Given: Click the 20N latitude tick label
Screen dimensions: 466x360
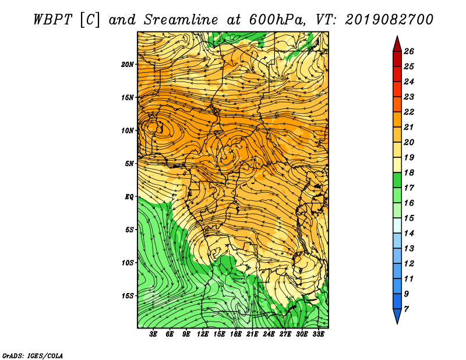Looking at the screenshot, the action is tap(128, 65).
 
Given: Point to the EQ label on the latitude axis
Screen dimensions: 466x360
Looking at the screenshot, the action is tap(129, 197).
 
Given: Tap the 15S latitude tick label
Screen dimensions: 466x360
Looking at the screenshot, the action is tap(128, 296).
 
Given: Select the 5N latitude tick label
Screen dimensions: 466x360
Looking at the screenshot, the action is tap(129, 164).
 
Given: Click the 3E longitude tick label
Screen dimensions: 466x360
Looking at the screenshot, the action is tap(153, 334).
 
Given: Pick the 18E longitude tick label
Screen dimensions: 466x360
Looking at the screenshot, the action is tap(236, 334).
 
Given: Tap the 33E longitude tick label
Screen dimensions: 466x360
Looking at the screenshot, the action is tap(318, 334).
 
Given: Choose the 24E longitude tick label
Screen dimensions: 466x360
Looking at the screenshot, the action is tap(269, 334).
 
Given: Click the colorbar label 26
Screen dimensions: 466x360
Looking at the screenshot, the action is tap(409, 51).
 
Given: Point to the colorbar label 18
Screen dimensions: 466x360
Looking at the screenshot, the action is tap(409, 172).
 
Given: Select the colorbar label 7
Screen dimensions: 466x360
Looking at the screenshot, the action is tap(407, 309).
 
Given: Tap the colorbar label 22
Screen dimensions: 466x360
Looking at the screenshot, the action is tap(409, 112).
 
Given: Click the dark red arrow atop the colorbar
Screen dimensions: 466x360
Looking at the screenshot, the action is tap(397, 45).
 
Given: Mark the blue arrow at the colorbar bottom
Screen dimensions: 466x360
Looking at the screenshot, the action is tap(397, 315).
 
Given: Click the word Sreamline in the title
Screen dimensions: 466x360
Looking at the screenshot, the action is tap(181, 20).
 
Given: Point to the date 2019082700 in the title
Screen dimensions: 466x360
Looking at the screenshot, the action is tap(389, 20).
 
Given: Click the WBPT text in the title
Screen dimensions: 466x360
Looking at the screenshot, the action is tap(52, 20).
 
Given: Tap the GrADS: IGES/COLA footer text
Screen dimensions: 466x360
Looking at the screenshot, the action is tap(33, 355).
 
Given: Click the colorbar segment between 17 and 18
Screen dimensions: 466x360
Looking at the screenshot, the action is tap(397, 180).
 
